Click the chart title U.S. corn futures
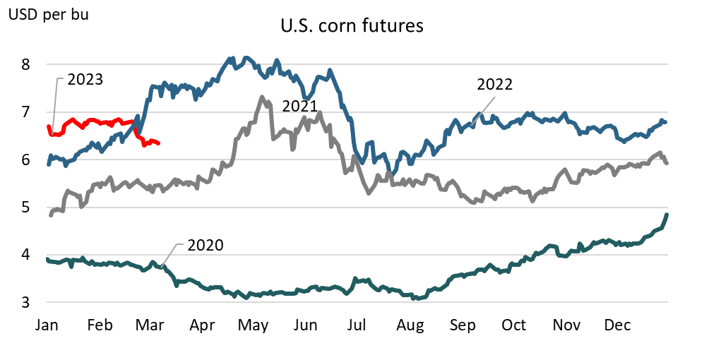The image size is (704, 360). click(351, 26)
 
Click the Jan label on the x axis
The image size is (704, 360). click(47, 325)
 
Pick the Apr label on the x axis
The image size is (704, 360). click(203, 325)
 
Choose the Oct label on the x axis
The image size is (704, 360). click(513, 325)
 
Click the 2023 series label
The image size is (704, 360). click(85, 79)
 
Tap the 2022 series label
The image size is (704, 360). click(494, 84)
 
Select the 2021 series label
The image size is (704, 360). click(300, 106)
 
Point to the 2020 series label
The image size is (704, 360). click(205, 246)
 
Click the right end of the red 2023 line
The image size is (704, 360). click(159, 143)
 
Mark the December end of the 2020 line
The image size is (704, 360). click(667, 215)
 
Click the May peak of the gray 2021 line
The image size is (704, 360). click(262, 97)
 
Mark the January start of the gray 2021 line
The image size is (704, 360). click(49, 215)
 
